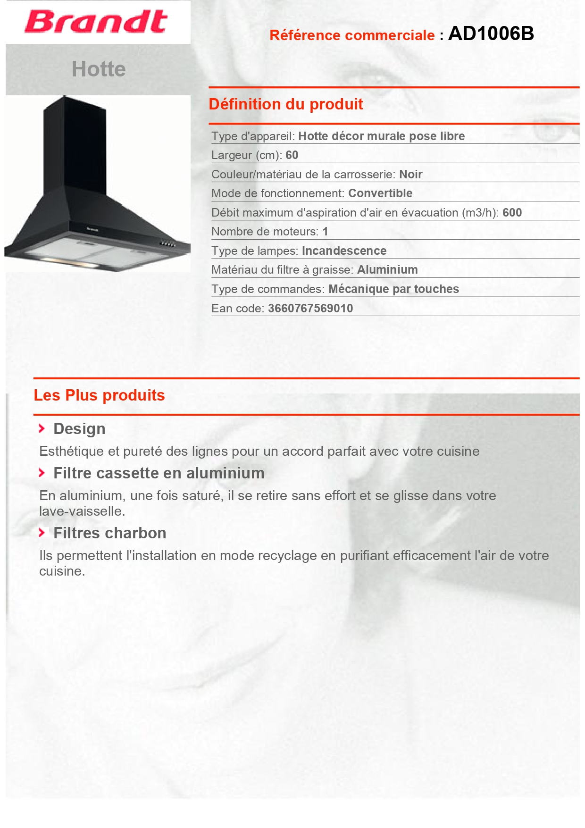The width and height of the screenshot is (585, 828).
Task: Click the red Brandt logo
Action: (96, 22)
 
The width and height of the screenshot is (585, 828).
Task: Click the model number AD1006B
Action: (491, 33)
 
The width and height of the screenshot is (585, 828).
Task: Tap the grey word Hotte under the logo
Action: (99, 69)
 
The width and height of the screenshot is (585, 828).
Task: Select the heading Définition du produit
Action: (286, 104)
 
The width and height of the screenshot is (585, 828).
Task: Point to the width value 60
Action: (292, 155)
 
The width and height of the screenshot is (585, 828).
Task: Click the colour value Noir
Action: (410, 175)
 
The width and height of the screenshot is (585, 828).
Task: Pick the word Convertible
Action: (380, 193)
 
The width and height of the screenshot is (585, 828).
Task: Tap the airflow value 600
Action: (512, 213)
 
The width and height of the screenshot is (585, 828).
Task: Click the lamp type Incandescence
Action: (344, 251)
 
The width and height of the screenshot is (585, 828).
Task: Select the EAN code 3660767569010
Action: (310, 309)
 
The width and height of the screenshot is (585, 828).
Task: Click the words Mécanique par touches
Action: (393, 289)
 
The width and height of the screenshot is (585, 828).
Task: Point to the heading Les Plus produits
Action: (99, 395)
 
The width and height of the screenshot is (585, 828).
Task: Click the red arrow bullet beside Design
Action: (42, 428)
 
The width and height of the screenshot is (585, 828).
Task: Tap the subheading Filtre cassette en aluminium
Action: (159, 473)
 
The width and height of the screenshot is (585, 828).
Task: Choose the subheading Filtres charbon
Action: (109, 533)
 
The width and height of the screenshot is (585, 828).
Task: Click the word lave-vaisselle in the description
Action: (81, 511)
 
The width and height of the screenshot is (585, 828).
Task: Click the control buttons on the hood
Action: (167, 244)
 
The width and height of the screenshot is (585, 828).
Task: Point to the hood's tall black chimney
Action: (75, 146)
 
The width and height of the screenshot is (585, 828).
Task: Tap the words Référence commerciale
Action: (352, 35)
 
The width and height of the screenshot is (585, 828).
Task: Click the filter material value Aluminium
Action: (387, 270)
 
